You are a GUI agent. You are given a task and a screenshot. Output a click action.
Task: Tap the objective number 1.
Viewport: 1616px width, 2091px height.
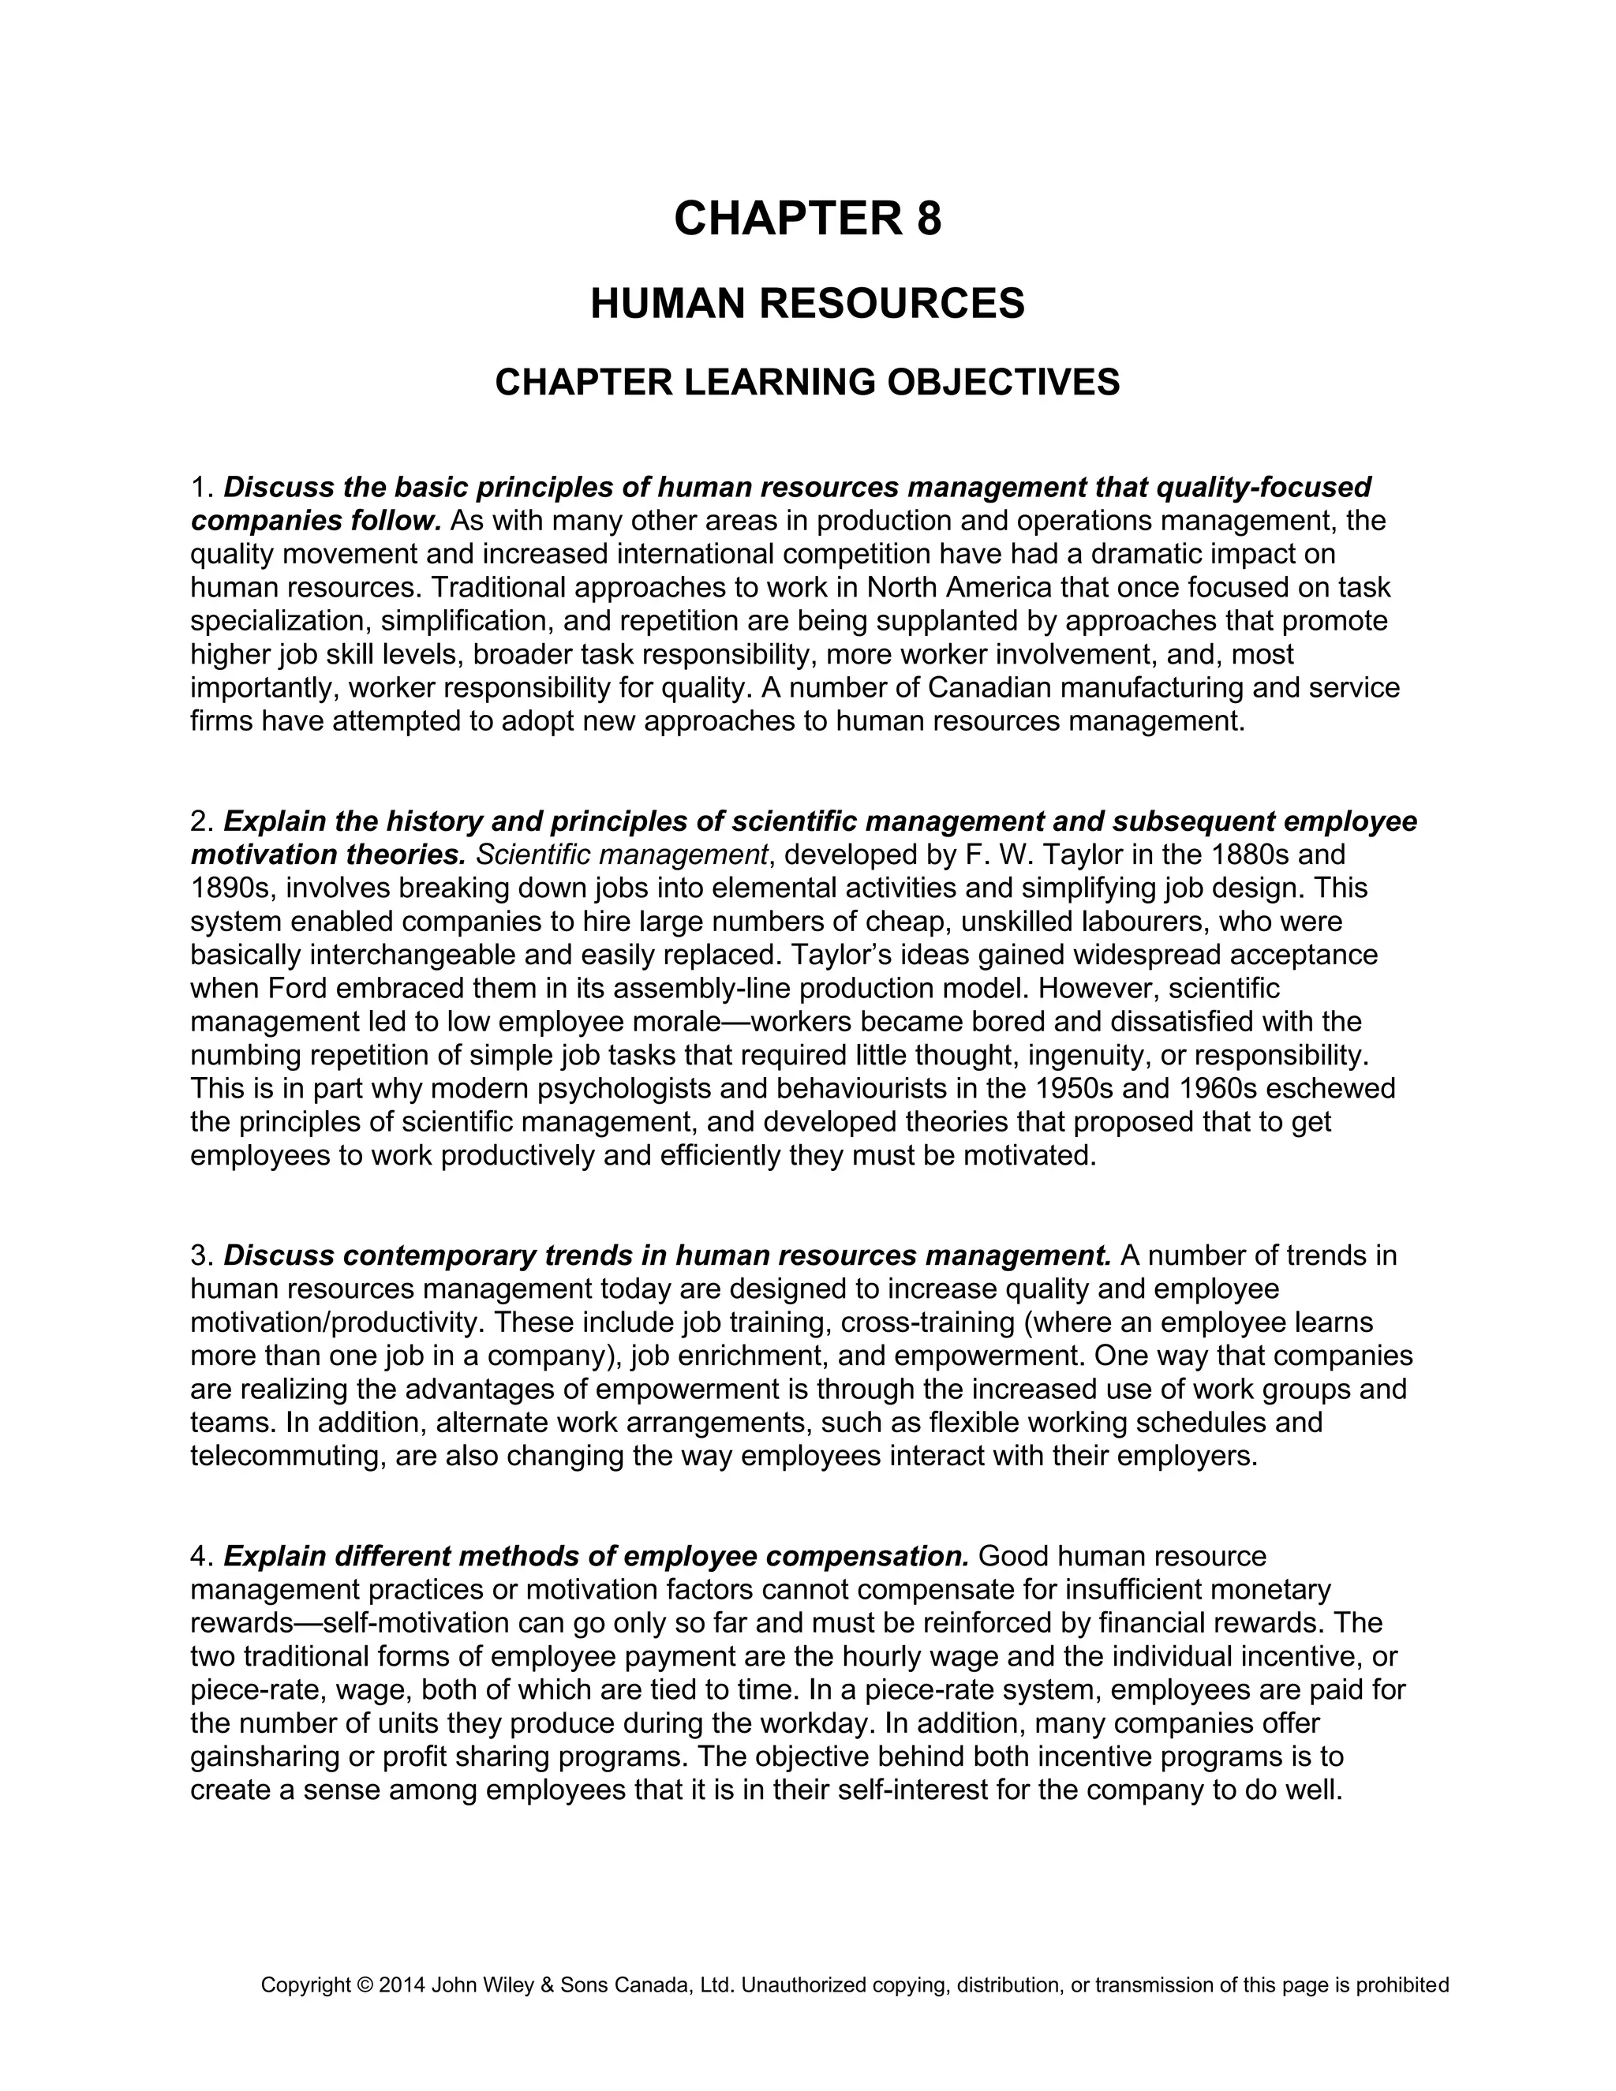pos(199,488)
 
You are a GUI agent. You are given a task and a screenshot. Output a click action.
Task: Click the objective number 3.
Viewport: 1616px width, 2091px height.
pos(200,1255)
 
